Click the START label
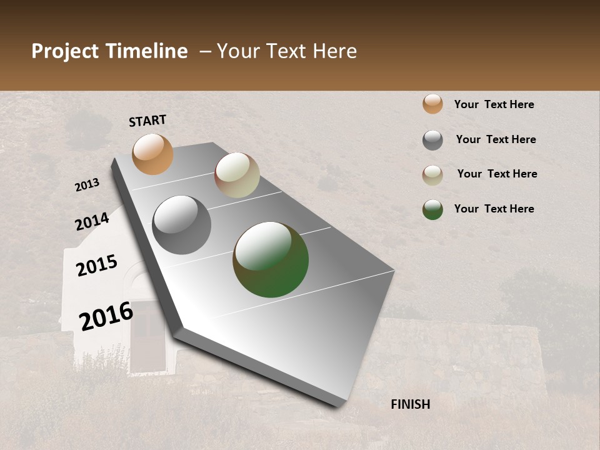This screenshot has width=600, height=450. (147, 121)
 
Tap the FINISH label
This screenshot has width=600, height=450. (410, 404)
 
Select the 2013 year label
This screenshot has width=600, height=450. (87, 185)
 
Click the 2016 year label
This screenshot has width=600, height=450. (106, 316)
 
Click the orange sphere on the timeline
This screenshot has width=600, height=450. (152, 154)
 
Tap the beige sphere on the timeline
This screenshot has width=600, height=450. (237, 175)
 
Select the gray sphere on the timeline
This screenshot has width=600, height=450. (181, 224)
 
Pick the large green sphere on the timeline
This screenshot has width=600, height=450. (271, 259)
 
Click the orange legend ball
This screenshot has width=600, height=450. (432, 104)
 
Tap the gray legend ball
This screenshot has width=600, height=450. (432, 140)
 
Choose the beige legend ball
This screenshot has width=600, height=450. (432, 175)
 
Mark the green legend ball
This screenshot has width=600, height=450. (432, 209)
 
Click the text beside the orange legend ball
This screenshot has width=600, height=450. (494, 104)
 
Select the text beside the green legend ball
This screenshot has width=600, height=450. (494, 209)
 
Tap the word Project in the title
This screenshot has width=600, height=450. (65, 51)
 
